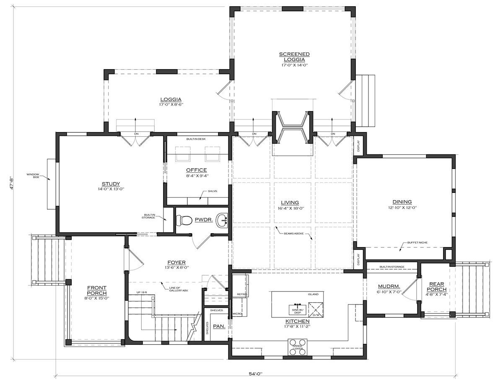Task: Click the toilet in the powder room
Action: click(x=185, y=220)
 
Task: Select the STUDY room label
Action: click(x=111, y=184)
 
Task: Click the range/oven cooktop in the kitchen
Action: click(x=298, y=347)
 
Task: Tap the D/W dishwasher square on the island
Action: click(x=316, y=308)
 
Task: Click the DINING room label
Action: click(x=402, y=202)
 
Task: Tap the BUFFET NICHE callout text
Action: click(x=415, y=243)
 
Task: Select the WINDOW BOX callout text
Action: click(x=33, y=176)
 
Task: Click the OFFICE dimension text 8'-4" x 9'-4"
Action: click(x=197, y=176)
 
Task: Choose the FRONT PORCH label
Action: click(x=97, y=290)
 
